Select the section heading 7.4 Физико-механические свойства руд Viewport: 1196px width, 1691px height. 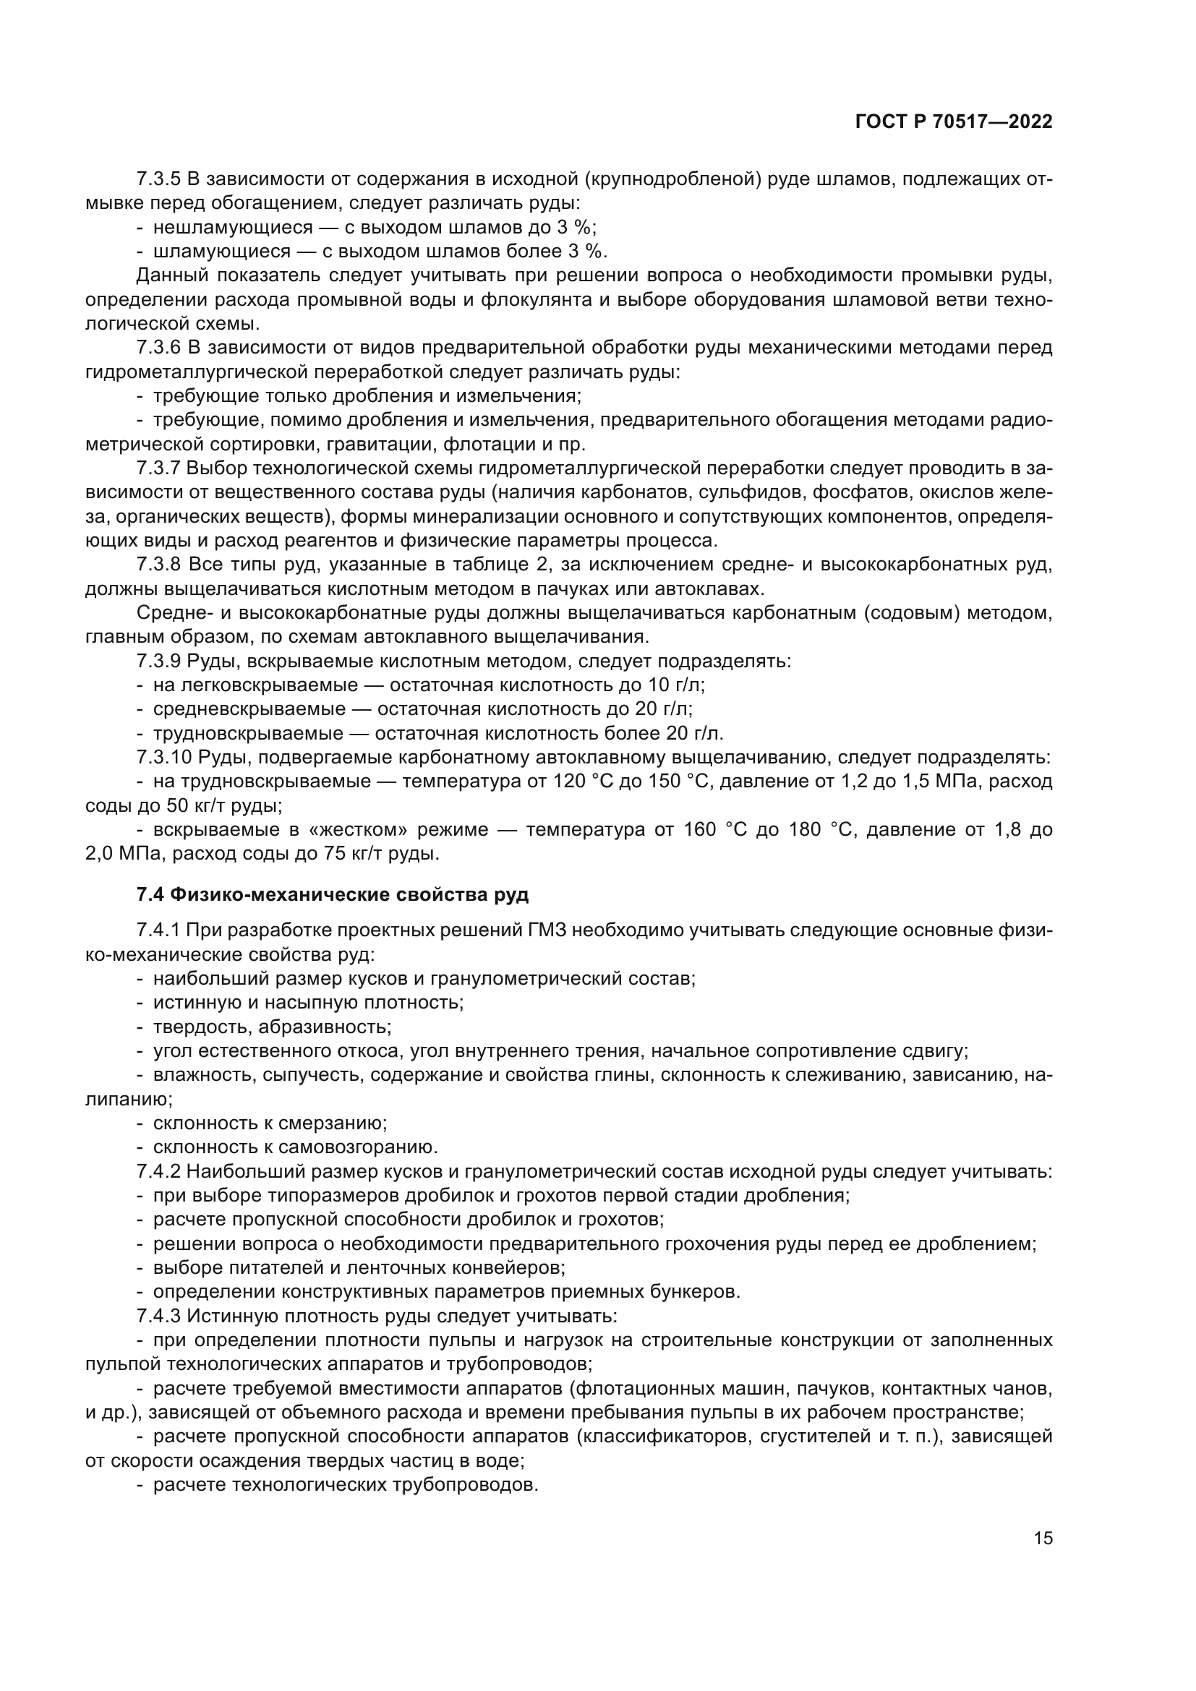click(x=332, y=895)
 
